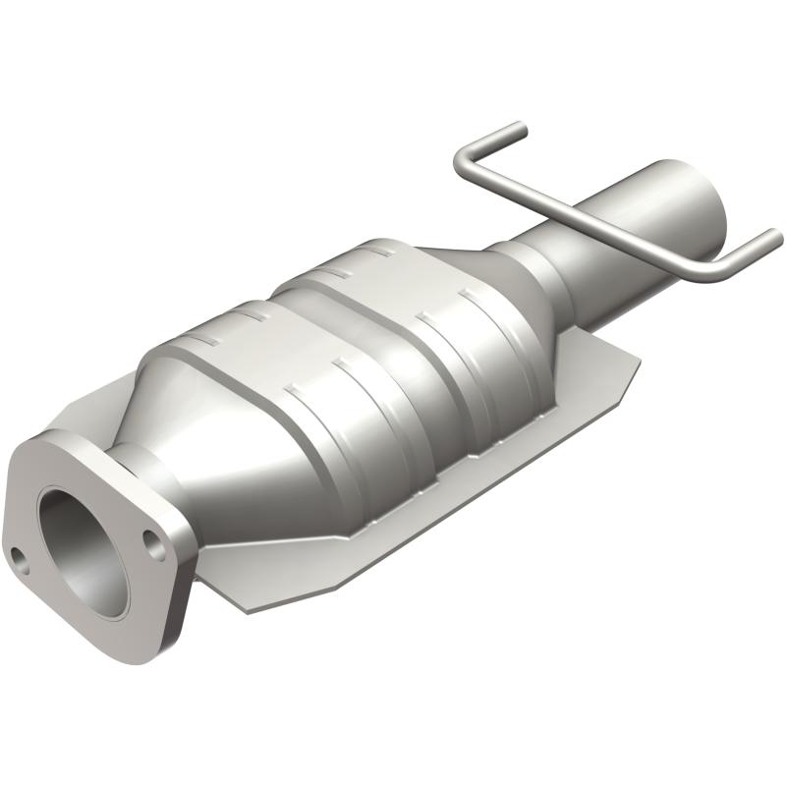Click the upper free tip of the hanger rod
pyautogui.click(x=519, y=129)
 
